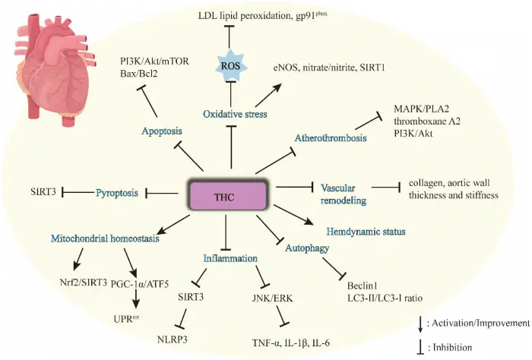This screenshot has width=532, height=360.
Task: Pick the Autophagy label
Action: pos(308,248)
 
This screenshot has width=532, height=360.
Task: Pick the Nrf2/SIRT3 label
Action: pos(90,284)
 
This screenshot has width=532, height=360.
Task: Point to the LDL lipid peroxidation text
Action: pos(232,15)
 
